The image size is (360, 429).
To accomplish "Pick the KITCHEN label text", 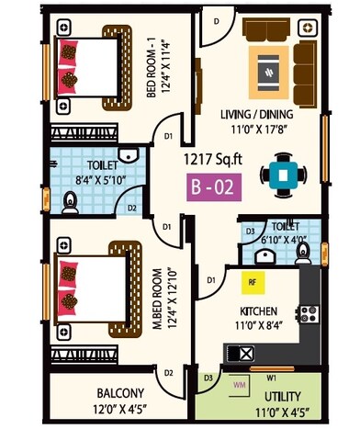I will [260, 310].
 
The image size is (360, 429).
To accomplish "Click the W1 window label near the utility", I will [272, 375].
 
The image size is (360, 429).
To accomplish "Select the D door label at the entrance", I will [216, 19].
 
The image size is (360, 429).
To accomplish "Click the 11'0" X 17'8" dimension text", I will [256, 130].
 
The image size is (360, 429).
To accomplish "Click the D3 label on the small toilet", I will [249, 231].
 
